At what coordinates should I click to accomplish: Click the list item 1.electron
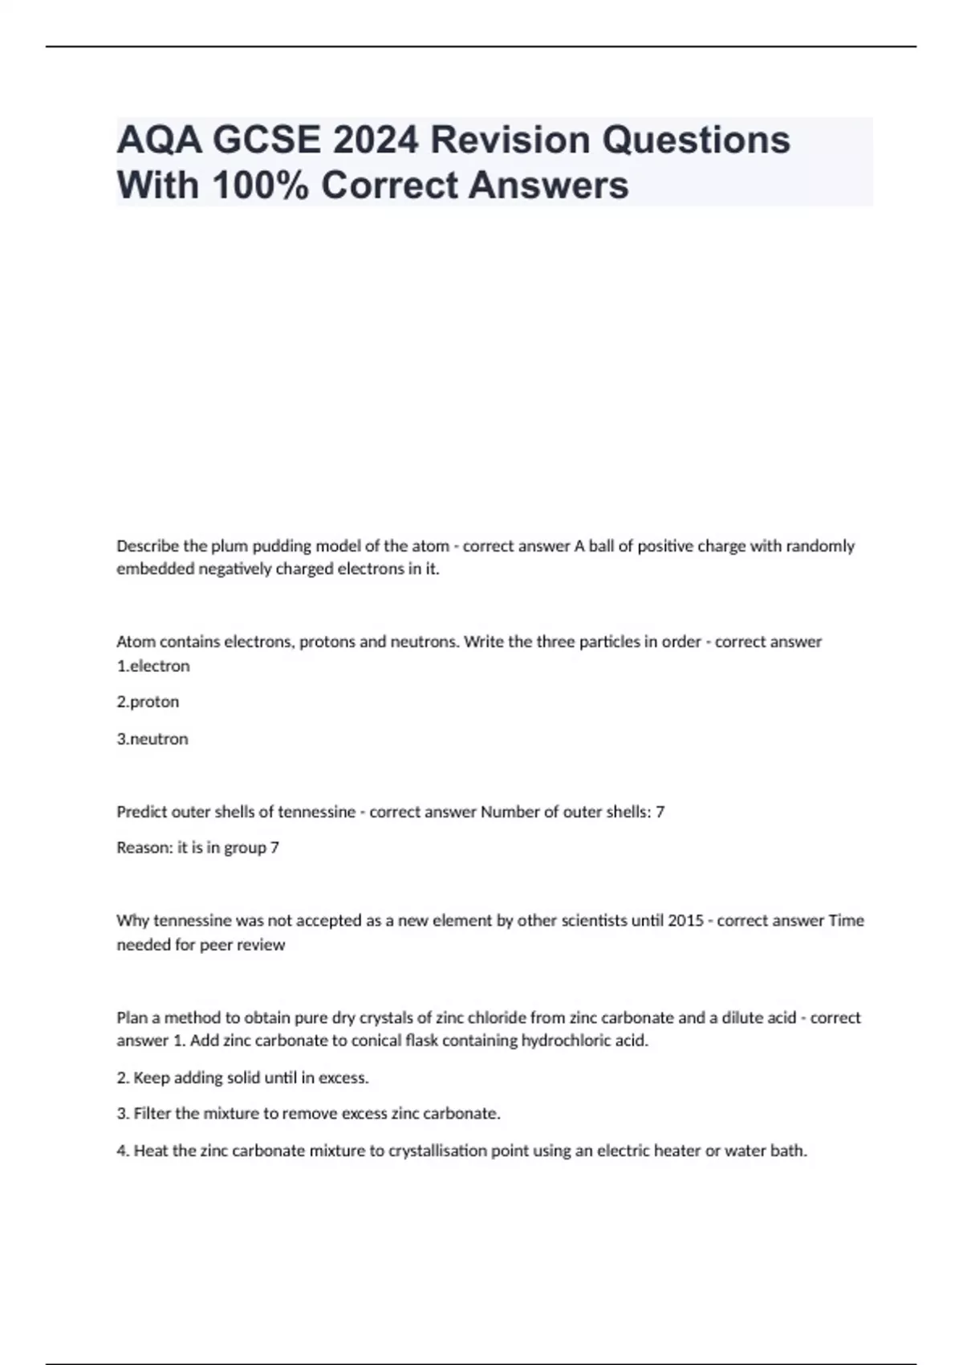coord(153,666)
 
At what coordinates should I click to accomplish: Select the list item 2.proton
coord(148,703)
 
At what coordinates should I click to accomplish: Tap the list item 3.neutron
coord(152,740)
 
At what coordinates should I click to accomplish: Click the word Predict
coord(142,813)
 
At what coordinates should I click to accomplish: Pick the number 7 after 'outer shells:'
coord(660,813)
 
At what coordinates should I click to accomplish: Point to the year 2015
coord(685,921)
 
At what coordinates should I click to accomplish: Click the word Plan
coord(132,1018)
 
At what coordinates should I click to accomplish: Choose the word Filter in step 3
coord(152,1114)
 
